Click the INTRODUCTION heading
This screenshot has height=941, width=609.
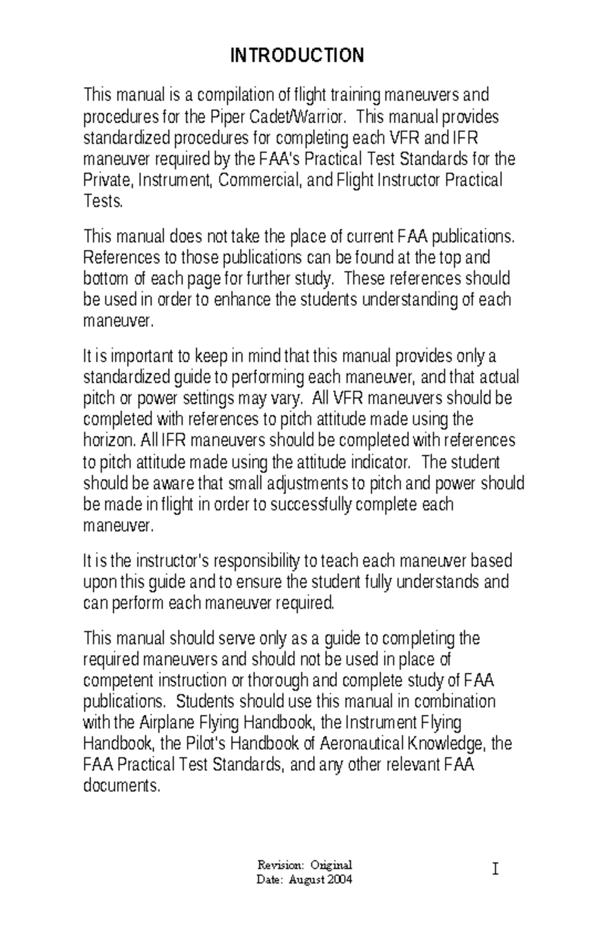click(297, 55)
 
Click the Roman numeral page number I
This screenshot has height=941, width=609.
click(495, 870)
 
